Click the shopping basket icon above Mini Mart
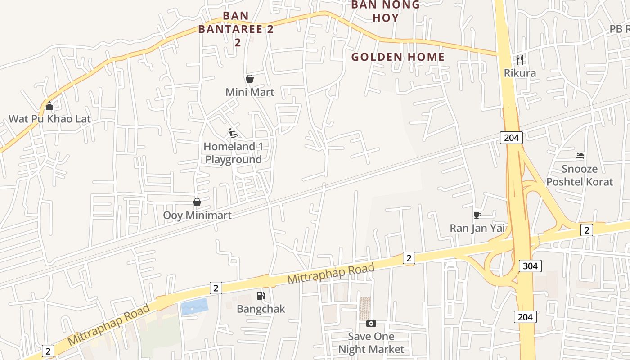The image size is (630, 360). point(250,79)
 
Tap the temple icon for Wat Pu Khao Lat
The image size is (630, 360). point(49,106)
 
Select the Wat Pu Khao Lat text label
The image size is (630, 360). point(49,119)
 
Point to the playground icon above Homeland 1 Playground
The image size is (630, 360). point(234,133)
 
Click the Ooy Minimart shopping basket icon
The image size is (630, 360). point(197,202)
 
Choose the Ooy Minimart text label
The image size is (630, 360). point(197,215)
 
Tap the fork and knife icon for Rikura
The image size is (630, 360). point(520,59)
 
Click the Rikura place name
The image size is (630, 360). point(520,73)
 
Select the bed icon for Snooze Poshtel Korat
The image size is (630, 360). point(580,156)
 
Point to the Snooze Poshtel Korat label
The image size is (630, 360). point(580,175)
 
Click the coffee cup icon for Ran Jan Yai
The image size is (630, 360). point(477,215)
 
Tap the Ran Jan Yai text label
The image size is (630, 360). point(477,228)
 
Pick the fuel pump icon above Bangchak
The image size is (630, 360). point(261,296)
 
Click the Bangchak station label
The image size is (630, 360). point(261,309)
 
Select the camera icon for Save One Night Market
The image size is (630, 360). point(371,323)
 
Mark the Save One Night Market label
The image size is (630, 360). point(371,343)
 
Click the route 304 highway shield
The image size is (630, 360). point(530,266)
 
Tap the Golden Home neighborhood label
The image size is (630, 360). point(398,57)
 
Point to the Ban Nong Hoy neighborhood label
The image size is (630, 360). point(385,11)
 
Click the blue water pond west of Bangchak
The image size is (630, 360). point(195,307)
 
